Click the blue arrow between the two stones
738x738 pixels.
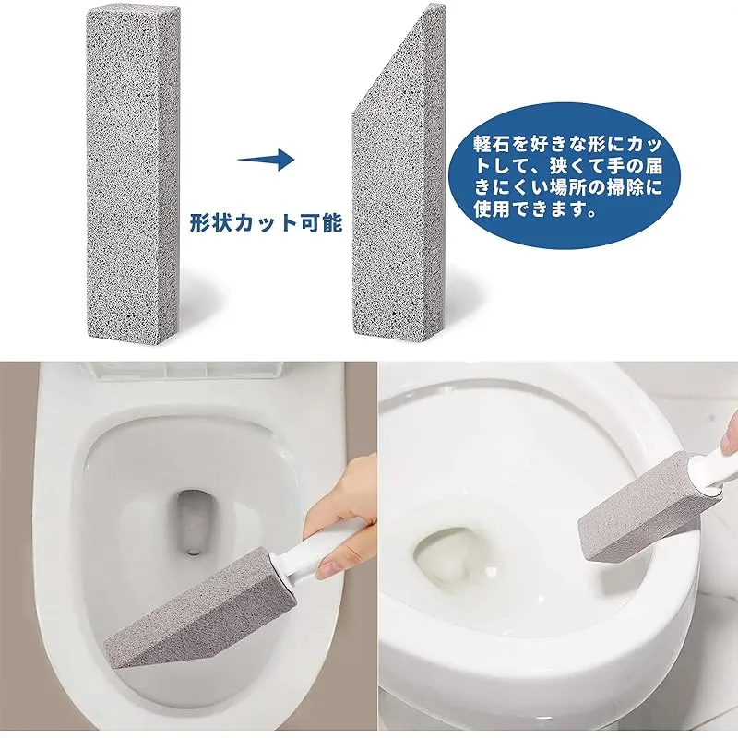(266, 160)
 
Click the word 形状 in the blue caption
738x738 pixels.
(208, 223)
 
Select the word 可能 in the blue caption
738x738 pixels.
(324, 223)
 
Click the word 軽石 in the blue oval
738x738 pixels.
(492, 144)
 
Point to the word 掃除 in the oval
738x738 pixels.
(625, 187)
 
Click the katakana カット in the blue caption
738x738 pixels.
(266, 223)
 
